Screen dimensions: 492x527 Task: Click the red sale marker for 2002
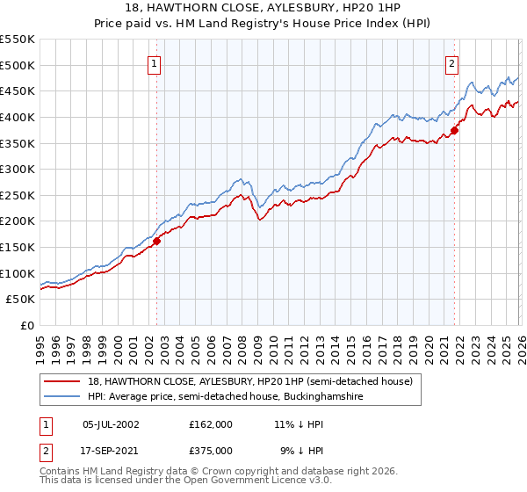point(157,240)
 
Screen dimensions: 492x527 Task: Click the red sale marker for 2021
point(454,131)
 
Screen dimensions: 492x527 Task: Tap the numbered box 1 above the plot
point(154,63)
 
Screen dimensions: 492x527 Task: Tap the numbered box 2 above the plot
point(451,63)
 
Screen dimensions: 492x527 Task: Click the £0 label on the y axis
point(27,325)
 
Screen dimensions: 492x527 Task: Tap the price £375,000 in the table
point(211,449)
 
